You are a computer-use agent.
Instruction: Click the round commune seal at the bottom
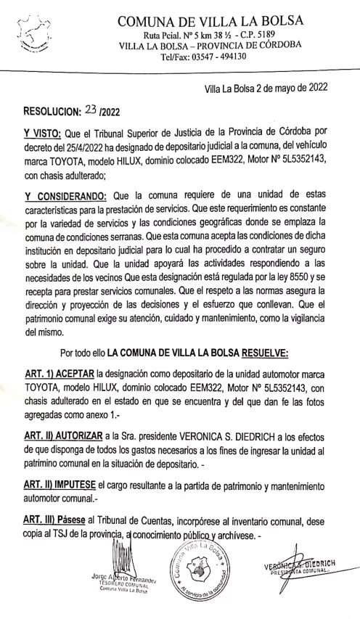click(193, 570)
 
